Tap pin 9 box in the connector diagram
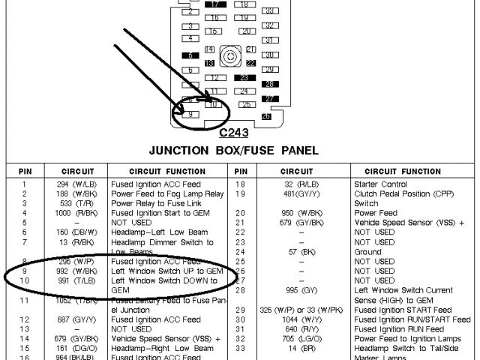[191, 114]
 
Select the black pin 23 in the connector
[244, 77]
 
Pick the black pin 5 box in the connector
[191, 55]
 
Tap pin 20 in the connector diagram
[244, 31]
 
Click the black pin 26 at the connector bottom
[266, 116]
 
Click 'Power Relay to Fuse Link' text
[157, 203]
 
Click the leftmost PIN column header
[25, 171]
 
